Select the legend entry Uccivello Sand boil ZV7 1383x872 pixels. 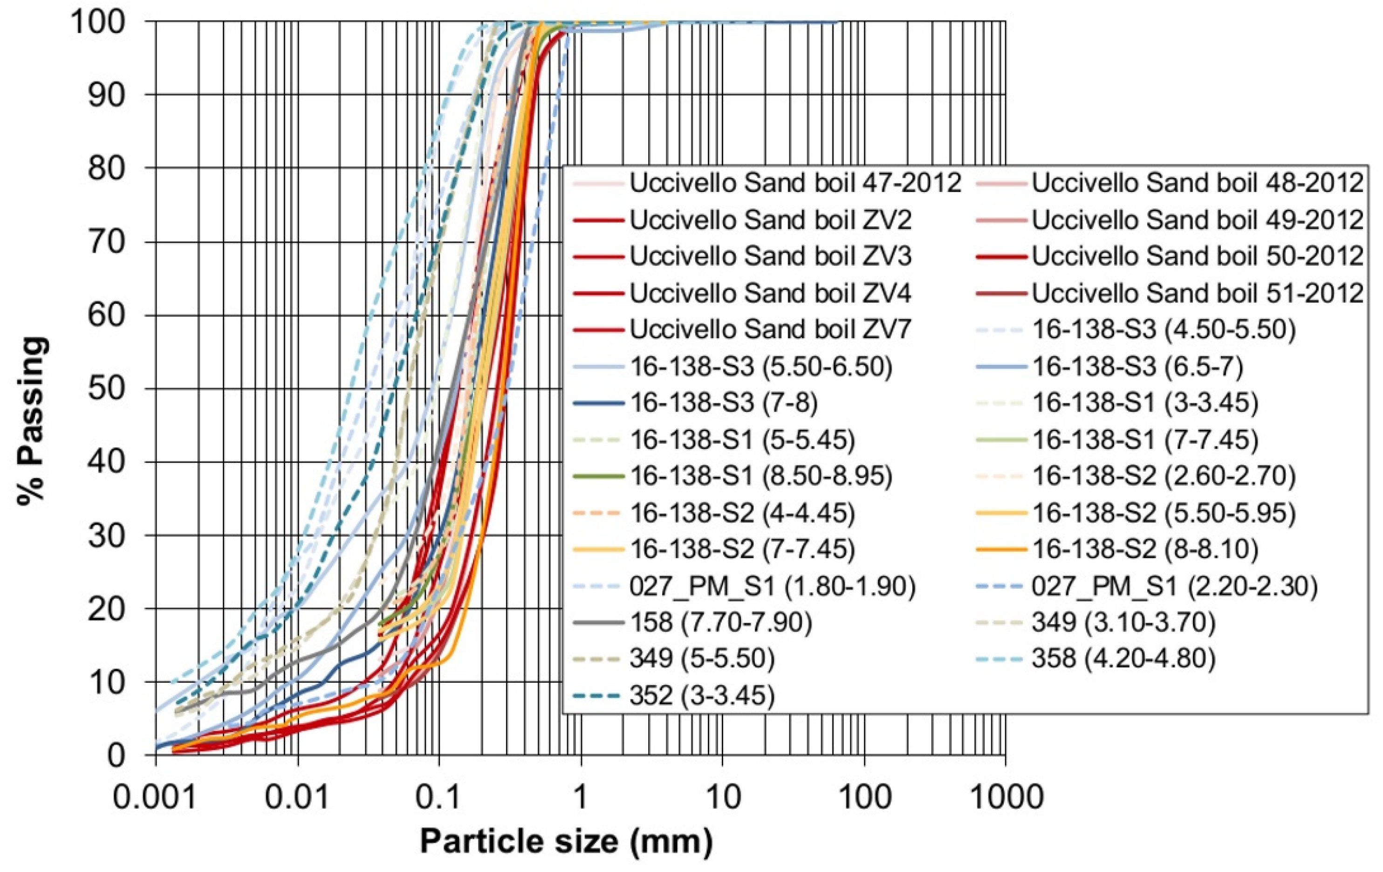click(x=770, y=330)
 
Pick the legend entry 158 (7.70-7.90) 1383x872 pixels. click(x=721, y=622)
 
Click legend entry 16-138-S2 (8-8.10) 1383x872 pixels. click(x=1144, y=549)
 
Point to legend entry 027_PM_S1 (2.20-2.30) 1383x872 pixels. click(x=1174, y=586)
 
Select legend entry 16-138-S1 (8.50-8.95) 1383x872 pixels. click(x=761, y=476)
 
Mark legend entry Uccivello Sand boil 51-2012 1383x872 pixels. click(x=1198, y=294)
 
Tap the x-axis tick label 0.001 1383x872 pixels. click(x=155, y=797)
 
